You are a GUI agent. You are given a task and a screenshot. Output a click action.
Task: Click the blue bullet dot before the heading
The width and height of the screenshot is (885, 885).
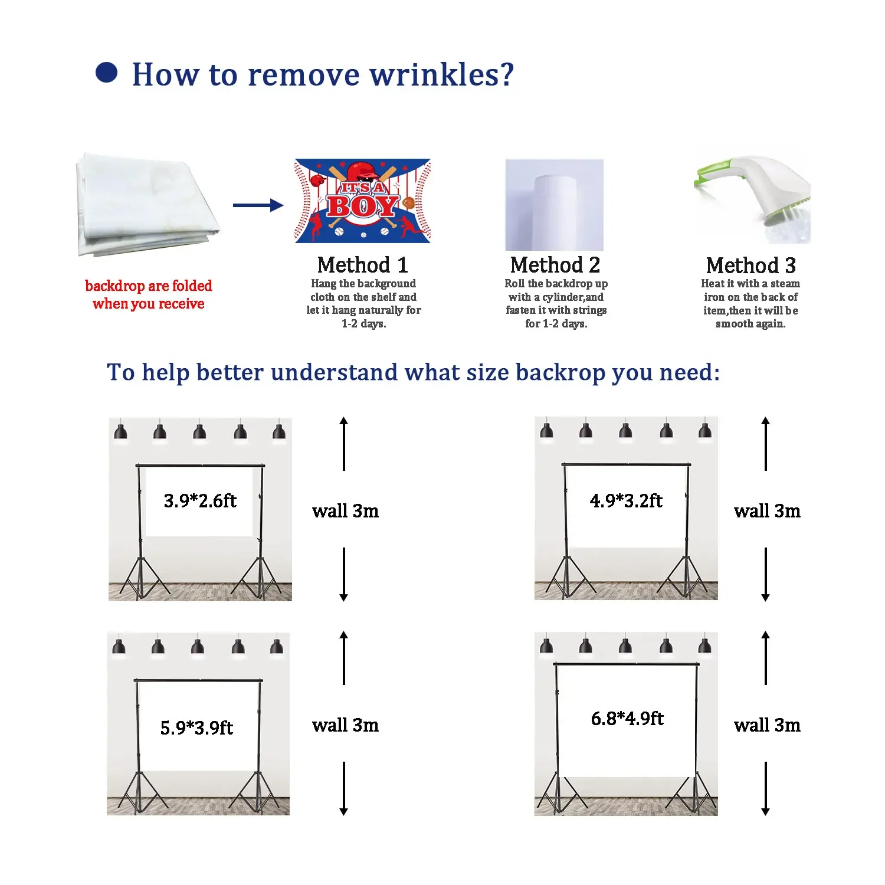(x=107, y=73)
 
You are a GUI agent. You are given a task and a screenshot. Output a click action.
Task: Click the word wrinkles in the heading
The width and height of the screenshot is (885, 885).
(x=442, y=75)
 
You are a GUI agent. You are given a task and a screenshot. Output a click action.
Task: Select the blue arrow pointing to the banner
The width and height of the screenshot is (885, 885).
(x=258, y=205)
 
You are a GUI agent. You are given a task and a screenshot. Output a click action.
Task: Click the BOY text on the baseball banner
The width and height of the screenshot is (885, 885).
(x=362, y=206)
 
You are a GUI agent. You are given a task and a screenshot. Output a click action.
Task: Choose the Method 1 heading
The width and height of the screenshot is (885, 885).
(x=363, y=265)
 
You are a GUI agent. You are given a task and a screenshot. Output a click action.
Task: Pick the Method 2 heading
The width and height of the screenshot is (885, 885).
(x=555, y=265)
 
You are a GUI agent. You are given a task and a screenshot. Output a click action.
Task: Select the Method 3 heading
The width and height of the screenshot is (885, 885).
(x=751, y=265)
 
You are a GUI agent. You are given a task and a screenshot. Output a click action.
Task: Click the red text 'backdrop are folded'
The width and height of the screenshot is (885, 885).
(x=149, y=286)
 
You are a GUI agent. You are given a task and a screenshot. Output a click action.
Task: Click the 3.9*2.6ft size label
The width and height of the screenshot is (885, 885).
(x=200, y=501)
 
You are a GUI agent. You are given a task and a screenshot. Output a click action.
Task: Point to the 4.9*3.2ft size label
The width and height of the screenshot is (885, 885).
(x=626, y=501)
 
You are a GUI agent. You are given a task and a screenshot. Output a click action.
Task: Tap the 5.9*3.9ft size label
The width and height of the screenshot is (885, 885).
(x=196, y=727)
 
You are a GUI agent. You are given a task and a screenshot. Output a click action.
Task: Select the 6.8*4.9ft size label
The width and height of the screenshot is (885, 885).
(x=627, y=719)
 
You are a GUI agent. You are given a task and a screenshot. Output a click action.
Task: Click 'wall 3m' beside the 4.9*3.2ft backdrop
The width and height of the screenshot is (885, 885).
(x=767, y=511)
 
